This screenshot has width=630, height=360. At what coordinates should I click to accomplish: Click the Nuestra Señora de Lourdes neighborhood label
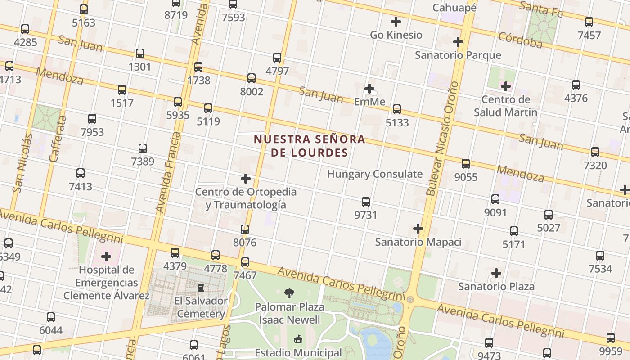(x=309, y=146)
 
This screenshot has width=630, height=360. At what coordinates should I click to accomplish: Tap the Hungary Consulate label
(x=374, y=174)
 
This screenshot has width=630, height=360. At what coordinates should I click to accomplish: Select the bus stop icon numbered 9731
(x=366, y=202)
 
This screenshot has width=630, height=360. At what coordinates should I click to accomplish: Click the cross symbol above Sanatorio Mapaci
(x=418, y=229)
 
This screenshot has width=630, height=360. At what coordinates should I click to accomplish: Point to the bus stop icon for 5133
(x=397, y=109)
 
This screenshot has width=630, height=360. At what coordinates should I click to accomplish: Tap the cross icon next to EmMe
(x=369, y=89)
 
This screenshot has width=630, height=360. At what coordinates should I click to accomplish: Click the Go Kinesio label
(x=396, y=35)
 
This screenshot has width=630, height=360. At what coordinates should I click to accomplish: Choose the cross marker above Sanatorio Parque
(x=458, y=42)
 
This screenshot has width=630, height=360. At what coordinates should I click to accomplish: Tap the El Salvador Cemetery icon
(x=201, y=287)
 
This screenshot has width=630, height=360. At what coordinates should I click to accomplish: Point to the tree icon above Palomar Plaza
(x=290, y=294)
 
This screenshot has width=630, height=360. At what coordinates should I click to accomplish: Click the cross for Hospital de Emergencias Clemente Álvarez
(x=106, y=257)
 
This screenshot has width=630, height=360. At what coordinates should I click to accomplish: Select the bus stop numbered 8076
(x=245, y=229)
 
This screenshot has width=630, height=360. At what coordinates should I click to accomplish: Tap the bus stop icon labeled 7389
(x=143, y=148)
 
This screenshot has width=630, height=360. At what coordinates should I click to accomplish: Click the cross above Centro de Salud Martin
(x=506, y=86)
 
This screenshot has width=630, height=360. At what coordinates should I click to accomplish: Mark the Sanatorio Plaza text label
(x=496, y=286)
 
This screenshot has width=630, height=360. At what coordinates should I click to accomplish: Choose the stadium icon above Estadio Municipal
(x=298, y=339)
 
